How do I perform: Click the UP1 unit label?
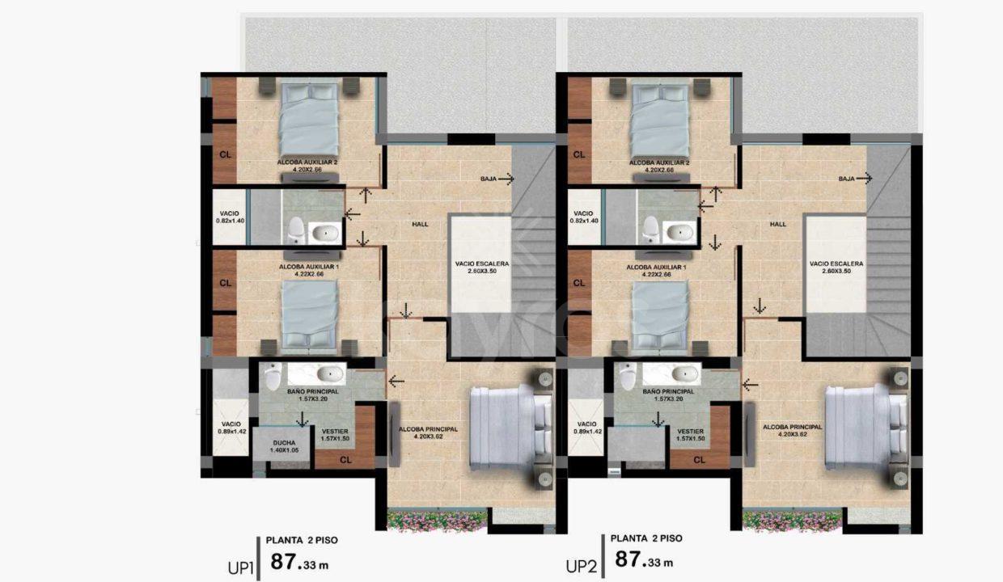[241, 567]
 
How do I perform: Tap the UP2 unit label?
[582, 567]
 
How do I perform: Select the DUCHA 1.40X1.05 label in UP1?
[284, 446]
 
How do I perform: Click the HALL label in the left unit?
[420, 224]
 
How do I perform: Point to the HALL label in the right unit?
[778, 224]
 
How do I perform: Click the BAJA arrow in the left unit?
[506, 179]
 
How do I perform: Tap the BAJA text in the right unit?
[846, 179]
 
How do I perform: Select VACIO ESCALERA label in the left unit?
[482, 267]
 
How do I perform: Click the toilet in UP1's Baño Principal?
[273, 376]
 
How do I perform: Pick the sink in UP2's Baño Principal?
[684, 373]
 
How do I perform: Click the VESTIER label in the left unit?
[335, 435]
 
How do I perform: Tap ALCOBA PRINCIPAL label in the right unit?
[793, 430]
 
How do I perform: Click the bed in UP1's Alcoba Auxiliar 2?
[308, 120]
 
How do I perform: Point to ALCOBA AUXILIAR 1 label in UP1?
[309, 270]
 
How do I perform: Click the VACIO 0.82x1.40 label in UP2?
[584, 217]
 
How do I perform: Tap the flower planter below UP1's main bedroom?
[437, 521]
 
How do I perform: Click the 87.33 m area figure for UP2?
[644, 560]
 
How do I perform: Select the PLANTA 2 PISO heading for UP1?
[302, 540]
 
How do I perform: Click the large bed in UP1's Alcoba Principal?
[510, 428]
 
